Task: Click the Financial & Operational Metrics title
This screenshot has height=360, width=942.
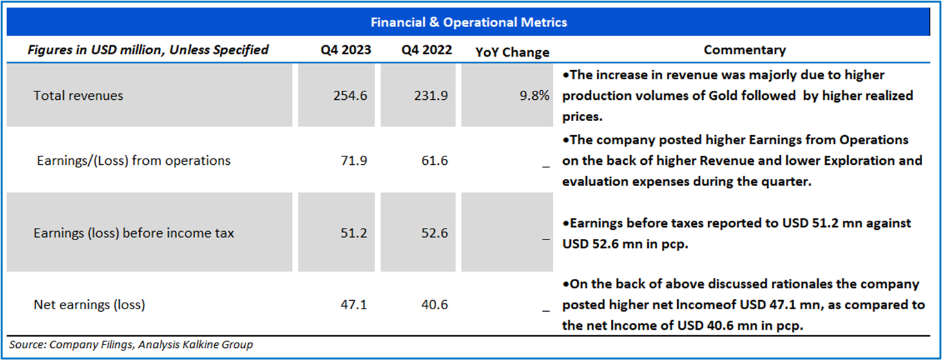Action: tap(468, 23)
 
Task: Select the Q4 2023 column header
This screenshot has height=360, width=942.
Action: tap(346, 50)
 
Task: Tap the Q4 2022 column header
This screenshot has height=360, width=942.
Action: tap(427, 50)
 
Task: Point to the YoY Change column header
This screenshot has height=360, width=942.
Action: tap(512, 52)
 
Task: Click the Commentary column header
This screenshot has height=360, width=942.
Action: tap(744, 50)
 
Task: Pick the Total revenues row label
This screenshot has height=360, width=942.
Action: tap(78, 95)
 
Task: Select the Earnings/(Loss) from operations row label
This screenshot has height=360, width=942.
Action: tap(133, 160)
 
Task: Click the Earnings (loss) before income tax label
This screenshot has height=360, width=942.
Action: tap(133, 233)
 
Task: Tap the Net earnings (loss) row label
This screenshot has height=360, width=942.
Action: tap(89, 305)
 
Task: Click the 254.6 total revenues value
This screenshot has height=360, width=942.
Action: tap(351, 95)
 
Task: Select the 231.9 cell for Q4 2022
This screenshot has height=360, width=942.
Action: tap(432, 95)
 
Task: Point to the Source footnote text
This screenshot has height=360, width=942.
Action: tap(131, 345)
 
